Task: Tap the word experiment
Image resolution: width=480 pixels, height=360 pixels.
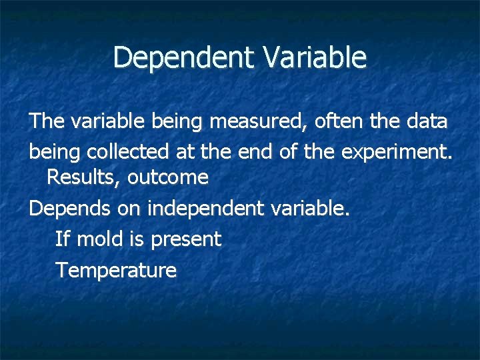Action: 396,152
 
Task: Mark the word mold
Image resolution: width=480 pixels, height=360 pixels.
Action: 100,239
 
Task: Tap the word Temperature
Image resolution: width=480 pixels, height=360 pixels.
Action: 116,271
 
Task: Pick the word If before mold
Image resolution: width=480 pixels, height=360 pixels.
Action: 63,239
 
